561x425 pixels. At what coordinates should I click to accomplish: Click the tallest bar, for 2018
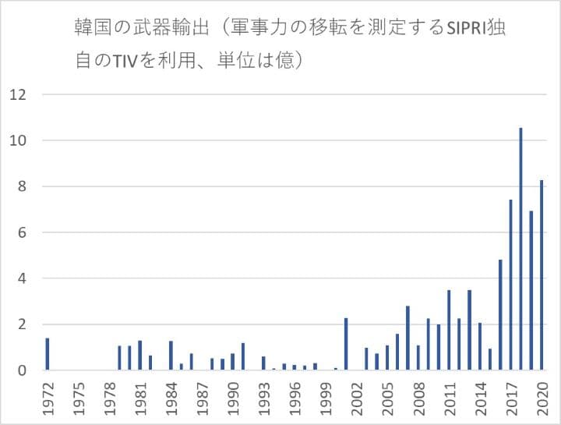pos(520,249)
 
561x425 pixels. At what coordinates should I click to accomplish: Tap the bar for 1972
pos(48,354)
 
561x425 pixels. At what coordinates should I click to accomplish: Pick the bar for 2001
pos(346,344)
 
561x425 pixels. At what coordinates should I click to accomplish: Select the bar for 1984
pos(171,356)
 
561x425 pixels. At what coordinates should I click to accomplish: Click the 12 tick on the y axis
pos(18,95)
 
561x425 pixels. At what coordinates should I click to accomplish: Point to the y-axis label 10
pos(18,141)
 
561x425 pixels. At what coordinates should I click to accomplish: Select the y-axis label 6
pos(23,232)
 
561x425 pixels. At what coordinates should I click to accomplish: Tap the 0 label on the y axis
pos(23,370)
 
